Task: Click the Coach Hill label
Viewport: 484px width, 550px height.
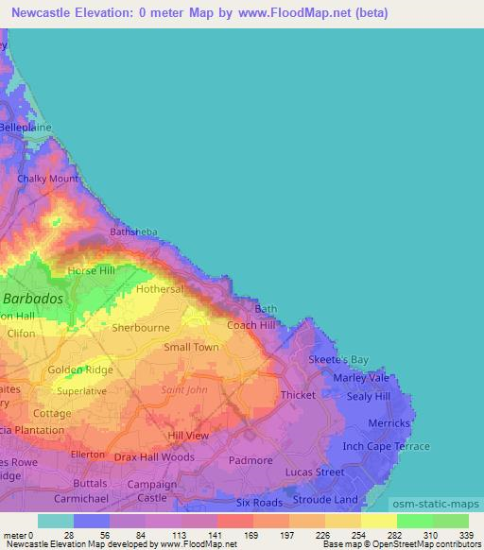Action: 251,325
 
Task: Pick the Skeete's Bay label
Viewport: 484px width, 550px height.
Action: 338,360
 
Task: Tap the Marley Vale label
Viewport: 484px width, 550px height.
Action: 361,378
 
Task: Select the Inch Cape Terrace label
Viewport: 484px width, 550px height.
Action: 386,446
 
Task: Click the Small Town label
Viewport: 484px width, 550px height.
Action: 191,348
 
